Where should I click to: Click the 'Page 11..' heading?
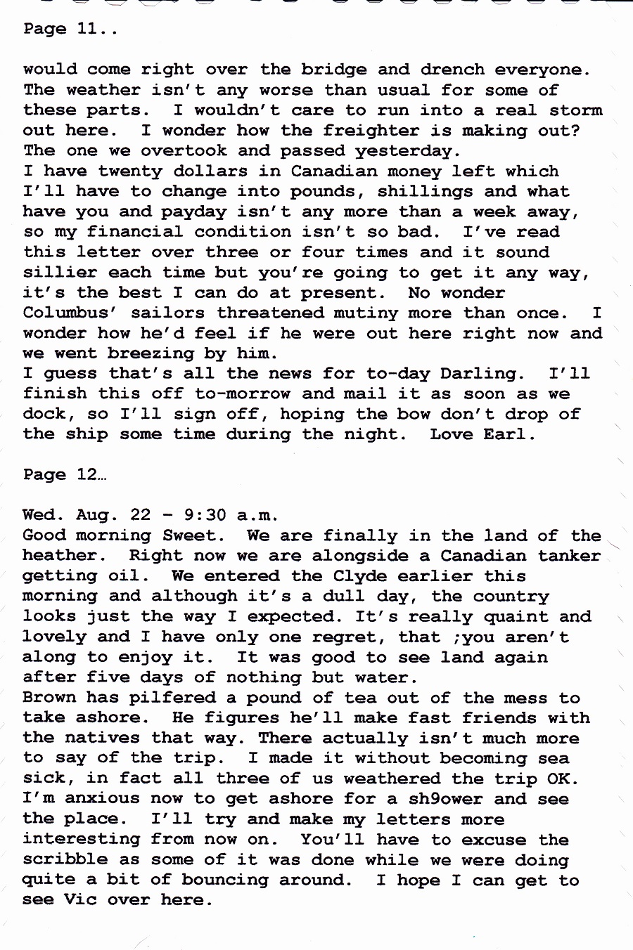click(x=69, y=29)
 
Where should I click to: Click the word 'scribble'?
click(x=65, y=859)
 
